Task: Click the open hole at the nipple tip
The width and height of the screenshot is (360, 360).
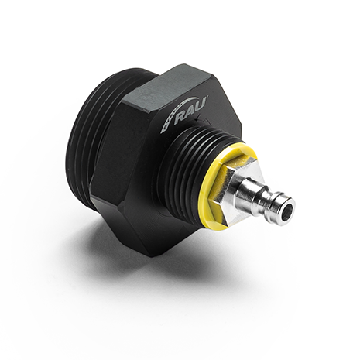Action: pyautogui.click(x=286, y=207)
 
